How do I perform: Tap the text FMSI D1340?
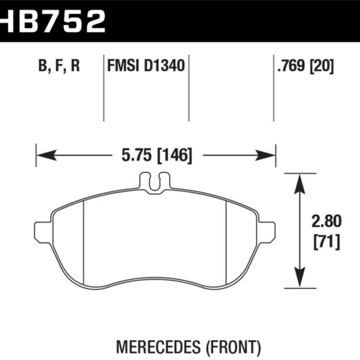pos(146,66)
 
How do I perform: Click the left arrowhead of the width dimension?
pos(42,157)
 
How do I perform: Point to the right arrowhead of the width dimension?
pos(269,157)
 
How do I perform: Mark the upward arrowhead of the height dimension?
pos(299,179)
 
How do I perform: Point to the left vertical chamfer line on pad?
pos(84,240)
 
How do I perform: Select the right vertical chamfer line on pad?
pos(226,240)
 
